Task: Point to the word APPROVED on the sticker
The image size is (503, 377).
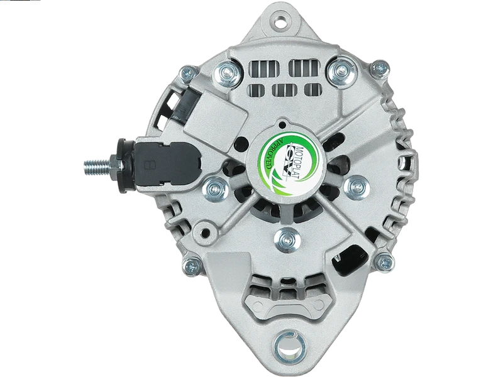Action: point(272,154)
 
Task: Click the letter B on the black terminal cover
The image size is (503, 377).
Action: point(149,166)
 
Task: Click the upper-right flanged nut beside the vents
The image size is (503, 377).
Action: point(340,69)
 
